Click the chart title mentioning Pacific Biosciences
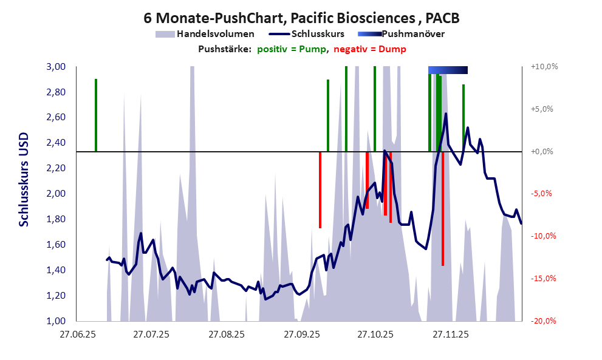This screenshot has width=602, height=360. click(x=301, y=18)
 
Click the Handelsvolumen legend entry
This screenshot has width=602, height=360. click(x=205, y=34)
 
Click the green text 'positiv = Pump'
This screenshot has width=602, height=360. click(x=291, y=49)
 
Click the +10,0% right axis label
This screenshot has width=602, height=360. click(x=544, y=67)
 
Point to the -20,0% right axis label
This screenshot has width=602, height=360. click(x=544, y=321)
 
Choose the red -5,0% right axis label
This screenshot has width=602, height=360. click(x=544, y=194)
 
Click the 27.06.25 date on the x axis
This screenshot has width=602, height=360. click(x=77, y=335)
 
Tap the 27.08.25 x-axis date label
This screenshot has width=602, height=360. click(x=226, y=335)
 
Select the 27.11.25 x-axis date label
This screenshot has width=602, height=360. click(x=450, y=335)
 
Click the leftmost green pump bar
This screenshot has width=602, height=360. click(x=96, y=115)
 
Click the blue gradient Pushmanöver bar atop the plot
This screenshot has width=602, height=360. click(x=448, y=70)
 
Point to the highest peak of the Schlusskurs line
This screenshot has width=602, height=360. click(x=446, y=114)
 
